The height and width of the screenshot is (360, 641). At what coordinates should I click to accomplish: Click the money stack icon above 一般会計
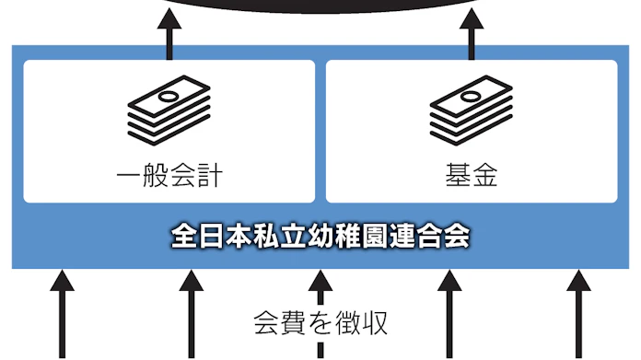point(169,112)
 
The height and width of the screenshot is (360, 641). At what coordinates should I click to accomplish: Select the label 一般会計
point(169,175)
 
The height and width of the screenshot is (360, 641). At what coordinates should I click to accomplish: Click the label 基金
point(472,175)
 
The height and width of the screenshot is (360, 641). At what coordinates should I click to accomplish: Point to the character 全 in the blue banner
point(183,235)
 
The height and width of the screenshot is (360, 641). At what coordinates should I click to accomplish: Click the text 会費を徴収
point(320,323)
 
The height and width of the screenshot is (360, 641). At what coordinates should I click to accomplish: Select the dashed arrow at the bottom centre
point(320,313)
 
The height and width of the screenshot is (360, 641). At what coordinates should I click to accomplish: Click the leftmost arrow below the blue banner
point(62,313)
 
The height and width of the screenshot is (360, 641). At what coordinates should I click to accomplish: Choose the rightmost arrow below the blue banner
point(577,313)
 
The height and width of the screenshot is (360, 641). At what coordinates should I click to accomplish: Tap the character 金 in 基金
point(485,175)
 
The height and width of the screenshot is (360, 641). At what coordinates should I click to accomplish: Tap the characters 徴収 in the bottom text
point(360,323)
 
